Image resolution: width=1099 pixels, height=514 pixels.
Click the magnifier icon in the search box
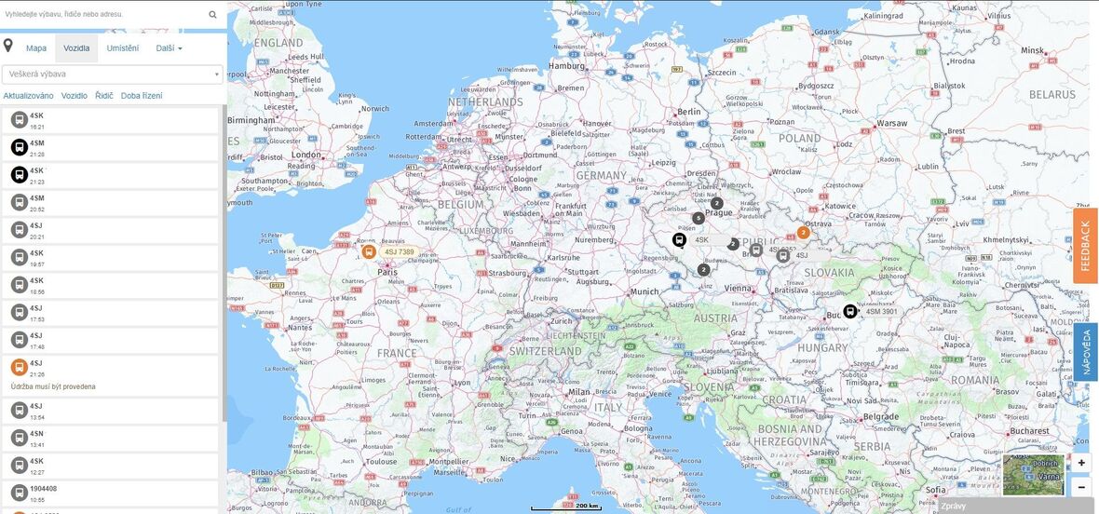click(x=212, y=14)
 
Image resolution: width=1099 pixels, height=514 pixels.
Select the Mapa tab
click(x=36, y=48)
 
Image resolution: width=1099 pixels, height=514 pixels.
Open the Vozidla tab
click(x=76, y=48)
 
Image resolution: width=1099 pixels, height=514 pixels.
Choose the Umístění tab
click(x=123, y=48)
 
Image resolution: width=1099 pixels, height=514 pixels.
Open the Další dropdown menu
click(x=169, y=48)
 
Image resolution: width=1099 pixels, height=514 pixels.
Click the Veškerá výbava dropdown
click(x=112, y=74)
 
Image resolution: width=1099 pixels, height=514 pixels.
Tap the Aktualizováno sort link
click(x=28, y=96)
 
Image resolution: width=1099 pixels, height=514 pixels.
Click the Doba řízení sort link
click(x=142, y=96)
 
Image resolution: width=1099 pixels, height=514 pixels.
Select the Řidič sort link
click(x=104, y=96)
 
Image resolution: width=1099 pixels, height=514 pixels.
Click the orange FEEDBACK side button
click(x=1085, y=246)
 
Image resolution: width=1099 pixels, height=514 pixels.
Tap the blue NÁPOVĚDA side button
click(x=1085, y=352)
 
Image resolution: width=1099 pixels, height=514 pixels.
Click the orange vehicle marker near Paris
click(x=369, y=251)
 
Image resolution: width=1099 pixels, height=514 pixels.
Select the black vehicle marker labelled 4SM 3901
click(x=850, y=311)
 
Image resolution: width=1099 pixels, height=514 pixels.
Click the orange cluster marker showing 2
click(x=803, y=233)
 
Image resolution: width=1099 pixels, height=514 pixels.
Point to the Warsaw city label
click(x=890, y=123)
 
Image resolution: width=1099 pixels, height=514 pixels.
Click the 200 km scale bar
click(x=566, y=507)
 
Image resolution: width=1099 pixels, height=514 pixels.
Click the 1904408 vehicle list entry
click(x=112, y=493)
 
